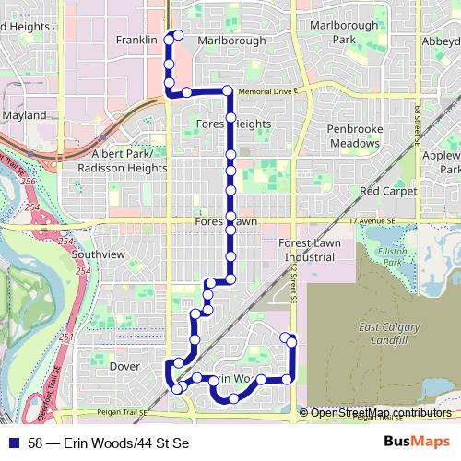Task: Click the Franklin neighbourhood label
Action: [138, 41]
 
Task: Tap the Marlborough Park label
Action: [343, 33]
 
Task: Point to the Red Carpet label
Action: [384, 191]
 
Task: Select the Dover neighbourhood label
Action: [124, 366]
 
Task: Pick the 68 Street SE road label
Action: [418, 124]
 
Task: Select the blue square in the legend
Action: [13, 442]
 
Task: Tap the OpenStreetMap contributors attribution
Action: [381, 412]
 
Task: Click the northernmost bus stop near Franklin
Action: [178, 35]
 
